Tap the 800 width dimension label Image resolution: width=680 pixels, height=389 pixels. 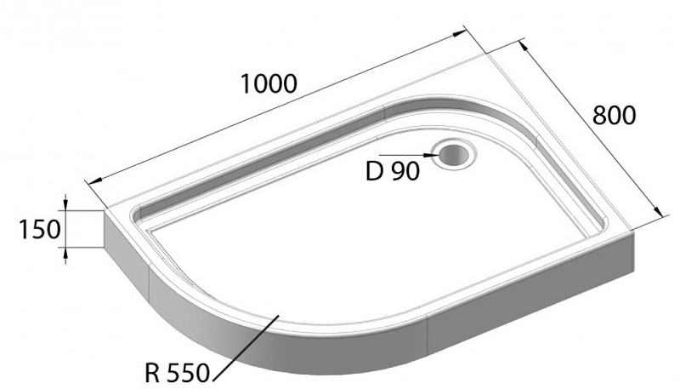click(614, 117)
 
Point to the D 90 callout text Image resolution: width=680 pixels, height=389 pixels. click(392, 172)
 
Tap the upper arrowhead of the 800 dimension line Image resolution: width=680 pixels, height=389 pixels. click(520, 44)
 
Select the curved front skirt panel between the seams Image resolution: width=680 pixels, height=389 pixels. click(280, 349)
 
